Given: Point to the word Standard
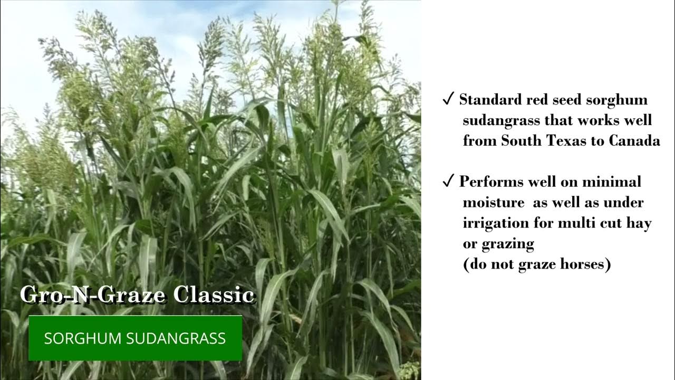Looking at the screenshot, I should (x=490, y=100).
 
